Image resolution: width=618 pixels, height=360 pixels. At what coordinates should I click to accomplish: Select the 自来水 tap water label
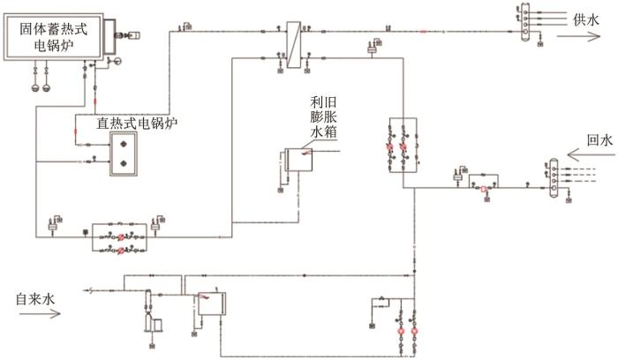click(x=35, y=300)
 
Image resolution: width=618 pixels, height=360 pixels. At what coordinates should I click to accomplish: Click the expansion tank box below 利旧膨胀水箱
click(x=290, y=161)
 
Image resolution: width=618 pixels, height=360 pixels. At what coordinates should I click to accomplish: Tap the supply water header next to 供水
click(x=525, y=19)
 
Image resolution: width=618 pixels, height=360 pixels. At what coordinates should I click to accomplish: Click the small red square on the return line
click(x=484, y=190)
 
